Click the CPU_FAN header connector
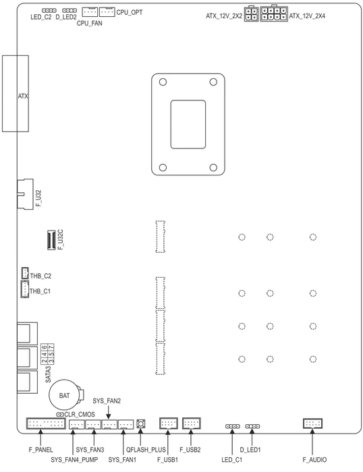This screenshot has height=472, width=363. pyautogui.click(x=90, y=12)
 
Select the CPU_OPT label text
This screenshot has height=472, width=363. pyautogui.click(x=130, y=12)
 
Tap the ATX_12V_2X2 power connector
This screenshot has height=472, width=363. pyautogui.click(x=251, y=14)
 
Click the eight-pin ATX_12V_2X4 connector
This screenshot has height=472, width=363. pyautogui.click(x=274, y=13)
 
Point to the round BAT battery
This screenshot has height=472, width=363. pyautogui.click(x=65, y=395)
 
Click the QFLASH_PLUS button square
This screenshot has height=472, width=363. pyautogui.click(x=140, y=424)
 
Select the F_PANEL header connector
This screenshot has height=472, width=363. pyautogui.click(x=46, y=423)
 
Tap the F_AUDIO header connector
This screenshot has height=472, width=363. pyautogui.click(x=312, y=423)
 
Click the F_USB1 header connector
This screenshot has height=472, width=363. pyautogui.click(x=169, y=423)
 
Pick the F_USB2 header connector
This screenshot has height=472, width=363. pyautogui.click(x=192, y=423)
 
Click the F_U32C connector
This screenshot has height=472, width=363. pyautogui.click(x=51, y=240)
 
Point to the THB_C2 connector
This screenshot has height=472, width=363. pyautogui.click(x=25, y=272)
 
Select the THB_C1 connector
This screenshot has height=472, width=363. pyautogui.click(x=25, y=289)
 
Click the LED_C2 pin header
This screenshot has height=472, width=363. pyautogui.click(x=49, y=11)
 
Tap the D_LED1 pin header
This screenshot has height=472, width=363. pyautogui.click(x=252, y=426)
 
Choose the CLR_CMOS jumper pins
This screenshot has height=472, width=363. pyautogui.click(x=60, y=415)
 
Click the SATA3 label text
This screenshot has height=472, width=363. pyautogui.click(x=48, y=374)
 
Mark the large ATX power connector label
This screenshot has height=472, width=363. pyautogui.click(x=23, y=96)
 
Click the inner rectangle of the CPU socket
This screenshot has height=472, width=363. pyautogui.click(x=188, y=124)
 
